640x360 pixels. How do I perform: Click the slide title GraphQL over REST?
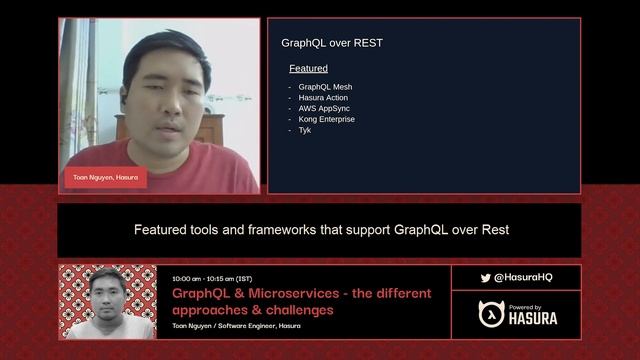coord(332,43)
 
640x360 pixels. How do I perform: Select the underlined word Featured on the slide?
coord(308,69)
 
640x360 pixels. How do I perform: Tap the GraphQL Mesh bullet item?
coord(325,87)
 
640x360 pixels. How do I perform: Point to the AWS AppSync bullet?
coord(325,109)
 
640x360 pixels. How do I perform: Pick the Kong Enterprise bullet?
coord(326,119)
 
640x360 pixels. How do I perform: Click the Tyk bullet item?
coord(305,130)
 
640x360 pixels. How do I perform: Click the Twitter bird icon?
coord(485,278)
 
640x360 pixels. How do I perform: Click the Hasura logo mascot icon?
coord(491,314)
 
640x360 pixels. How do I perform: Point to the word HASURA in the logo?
coord(533,319)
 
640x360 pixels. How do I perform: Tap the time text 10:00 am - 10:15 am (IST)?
coord(212,278)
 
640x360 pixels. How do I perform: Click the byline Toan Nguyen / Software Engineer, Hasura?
coord(236,326)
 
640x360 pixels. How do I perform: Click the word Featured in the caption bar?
coord(161,230)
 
